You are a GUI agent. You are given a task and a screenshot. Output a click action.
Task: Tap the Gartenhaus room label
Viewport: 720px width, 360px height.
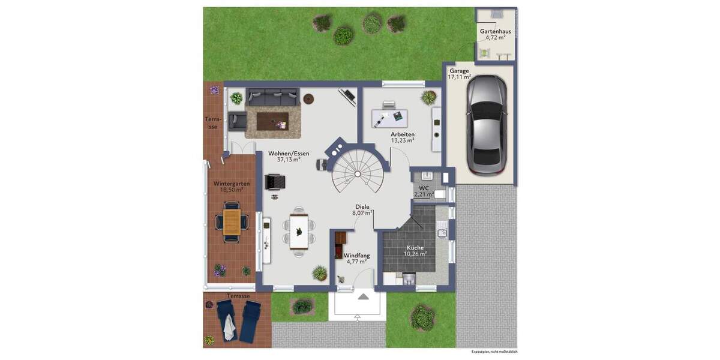pos(495,31)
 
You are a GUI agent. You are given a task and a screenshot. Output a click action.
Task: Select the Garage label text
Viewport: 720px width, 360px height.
pos(459,71)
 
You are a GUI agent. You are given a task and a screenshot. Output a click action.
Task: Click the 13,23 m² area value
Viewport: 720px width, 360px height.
pos(403,140)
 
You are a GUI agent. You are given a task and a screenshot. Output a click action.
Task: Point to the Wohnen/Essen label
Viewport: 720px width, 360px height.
pos(289,154)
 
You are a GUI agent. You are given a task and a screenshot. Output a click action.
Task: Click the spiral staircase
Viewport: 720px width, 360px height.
pos(357,168)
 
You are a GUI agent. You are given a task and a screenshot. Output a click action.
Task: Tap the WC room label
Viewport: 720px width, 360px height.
pos(424,188)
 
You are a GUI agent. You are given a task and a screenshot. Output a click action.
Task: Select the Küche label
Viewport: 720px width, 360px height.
pos(415,247)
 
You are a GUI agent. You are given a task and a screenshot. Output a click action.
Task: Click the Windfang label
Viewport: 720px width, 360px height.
pos(356,256)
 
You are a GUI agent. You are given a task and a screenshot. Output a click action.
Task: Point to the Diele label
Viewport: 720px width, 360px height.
pos(362,206)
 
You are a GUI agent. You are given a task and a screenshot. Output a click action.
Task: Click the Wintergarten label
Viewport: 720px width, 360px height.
pos(232,184)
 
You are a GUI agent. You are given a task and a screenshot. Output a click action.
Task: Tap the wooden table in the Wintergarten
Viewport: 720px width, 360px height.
pos(232,220)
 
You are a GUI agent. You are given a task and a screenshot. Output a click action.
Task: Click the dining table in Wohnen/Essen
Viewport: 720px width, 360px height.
pos(299,232)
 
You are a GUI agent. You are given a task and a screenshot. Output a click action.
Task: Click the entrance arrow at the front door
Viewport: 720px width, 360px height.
pos(363,296)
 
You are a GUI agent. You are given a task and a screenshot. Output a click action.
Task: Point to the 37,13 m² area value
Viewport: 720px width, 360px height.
pos(289,160)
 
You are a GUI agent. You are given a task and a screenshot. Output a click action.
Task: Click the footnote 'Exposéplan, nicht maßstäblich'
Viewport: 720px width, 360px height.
pos(494,352)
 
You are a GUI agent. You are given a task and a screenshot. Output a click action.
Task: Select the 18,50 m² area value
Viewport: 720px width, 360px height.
pos(232,190)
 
